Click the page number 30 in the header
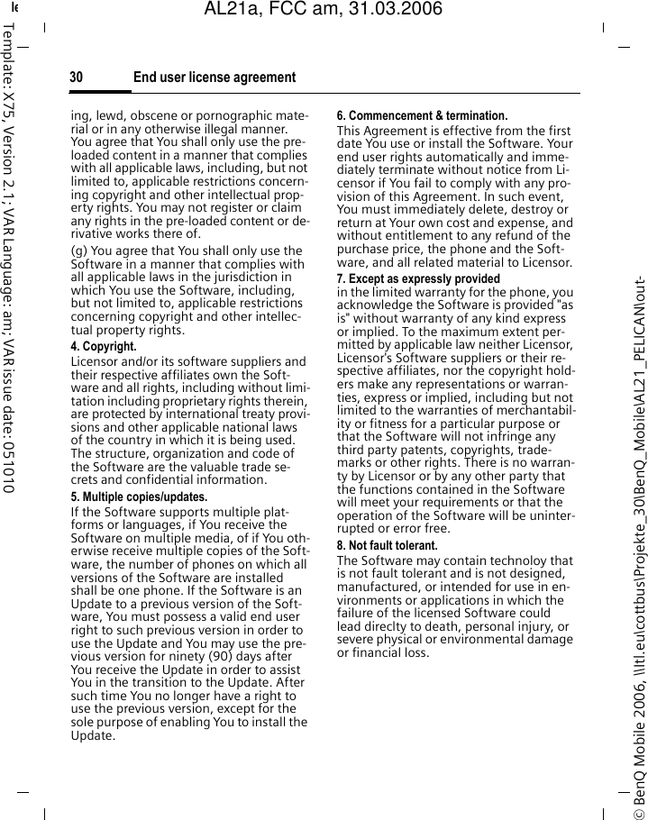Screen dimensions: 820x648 point(77,77)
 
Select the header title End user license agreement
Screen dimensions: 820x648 point(214,77)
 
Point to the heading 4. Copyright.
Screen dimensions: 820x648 point(104,347)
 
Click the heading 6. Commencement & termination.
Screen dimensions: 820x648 point(422,116)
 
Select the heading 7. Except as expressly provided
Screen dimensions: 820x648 point(418,279)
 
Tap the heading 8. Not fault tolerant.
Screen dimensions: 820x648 point(387,546)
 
